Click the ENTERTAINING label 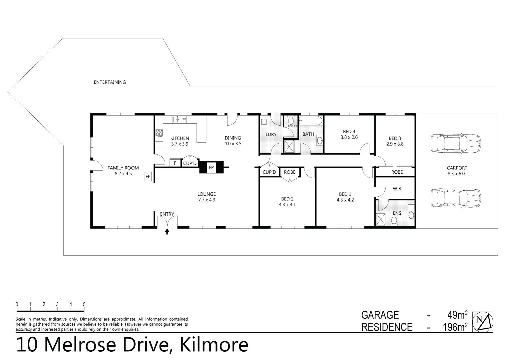[110, 82]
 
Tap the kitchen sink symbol [180, 119]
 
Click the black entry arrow [167, 231]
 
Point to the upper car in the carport [455, 143]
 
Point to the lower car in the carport [455, 198]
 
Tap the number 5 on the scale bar [84, 304]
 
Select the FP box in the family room [148, 176]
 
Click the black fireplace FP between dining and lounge [211, 167]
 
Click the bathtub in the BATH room [311, 121]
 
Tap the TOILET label [292, 126]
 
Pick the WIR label [397, 188]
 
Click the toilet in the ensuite [395, 221]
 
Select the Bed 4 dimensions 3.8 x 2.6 [349, 137]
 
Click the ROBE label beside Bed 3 [397, 172]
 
